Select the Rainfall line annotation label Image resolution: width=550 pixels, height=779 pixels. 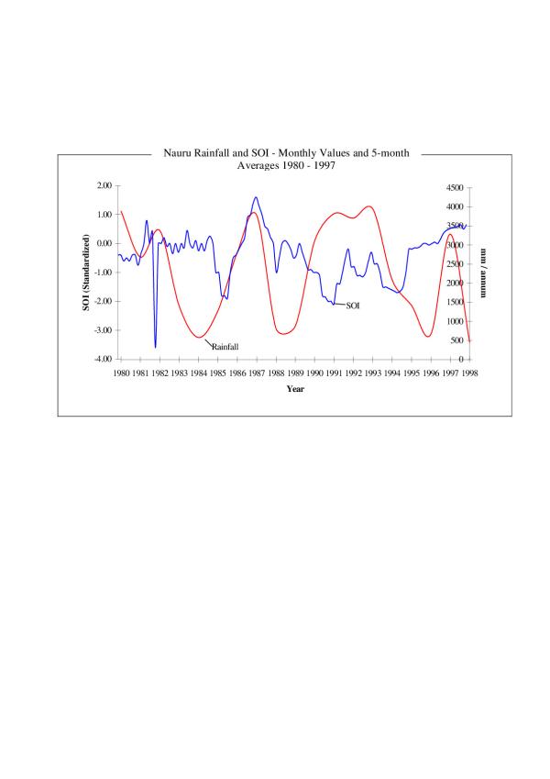click(225, 347)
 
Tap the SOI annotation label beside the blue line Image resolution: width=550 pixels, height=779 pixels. click(353, 305)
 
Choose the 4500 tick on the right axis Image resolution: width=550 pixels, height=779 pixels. click(456, 186)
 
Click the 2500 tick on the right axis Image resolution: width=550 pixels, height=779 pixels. click(456, 263)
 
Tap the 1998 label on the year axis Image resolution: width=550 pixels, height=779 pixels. click(470, 373)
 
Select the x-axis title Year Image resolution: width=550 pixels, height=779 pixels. click(295, 389)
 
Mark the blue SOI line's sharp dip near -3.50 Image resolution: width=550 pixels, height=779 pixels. click(155, 346)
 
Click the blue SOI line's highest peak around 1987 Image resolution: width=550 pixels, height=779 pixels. click(256, 197)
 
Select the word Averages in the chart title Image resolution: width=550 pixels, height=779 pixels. click(258, 166)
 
